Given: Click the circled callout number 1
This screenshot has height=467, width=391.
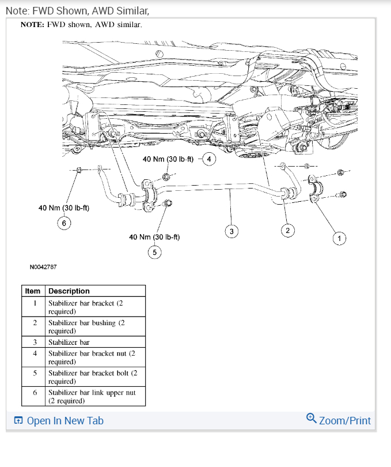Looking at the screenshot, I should click(340, 238).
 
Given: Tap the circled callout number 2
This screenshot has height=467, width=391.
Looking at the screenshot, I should click(287, 231).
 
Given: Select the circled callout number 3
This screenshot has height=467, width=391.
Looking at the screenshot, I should click(231, 231).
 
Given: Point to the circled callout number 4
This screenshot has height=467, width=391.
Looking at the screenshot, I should click(210, 159).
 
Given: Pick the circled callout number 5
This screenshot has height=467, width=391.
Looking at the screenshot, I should click(154, 252).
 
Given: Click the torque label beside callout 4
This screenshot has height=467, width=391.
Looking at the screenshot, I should click(168, 159).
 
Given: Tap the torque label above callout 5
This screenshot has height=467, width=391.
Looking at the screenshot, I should click(154, 237).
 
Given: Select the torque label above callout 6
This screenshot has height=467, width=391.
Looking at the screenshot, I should click(64, 208).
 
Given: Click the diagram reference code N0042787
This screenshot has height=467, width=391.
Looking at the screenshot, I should click(43, 267).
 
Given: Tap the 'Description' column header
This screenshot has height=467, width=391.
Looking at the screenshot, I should click(69, 291).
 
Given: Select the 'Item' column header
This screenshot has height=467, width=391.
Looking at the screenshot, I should click(33, 291).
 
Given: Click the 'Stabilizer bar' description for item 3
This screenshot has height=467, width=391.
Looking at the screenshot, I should click(69, 342).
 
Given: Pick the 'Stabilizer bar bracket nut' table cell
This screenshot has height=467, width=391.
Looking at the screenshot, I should click(92, 357).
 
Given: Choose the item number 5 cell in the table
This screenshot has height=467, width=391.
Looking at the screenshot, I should click(35, 373).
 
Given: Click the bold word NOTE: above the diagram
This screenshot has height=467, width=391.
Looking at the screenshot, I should click(32, 25).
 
